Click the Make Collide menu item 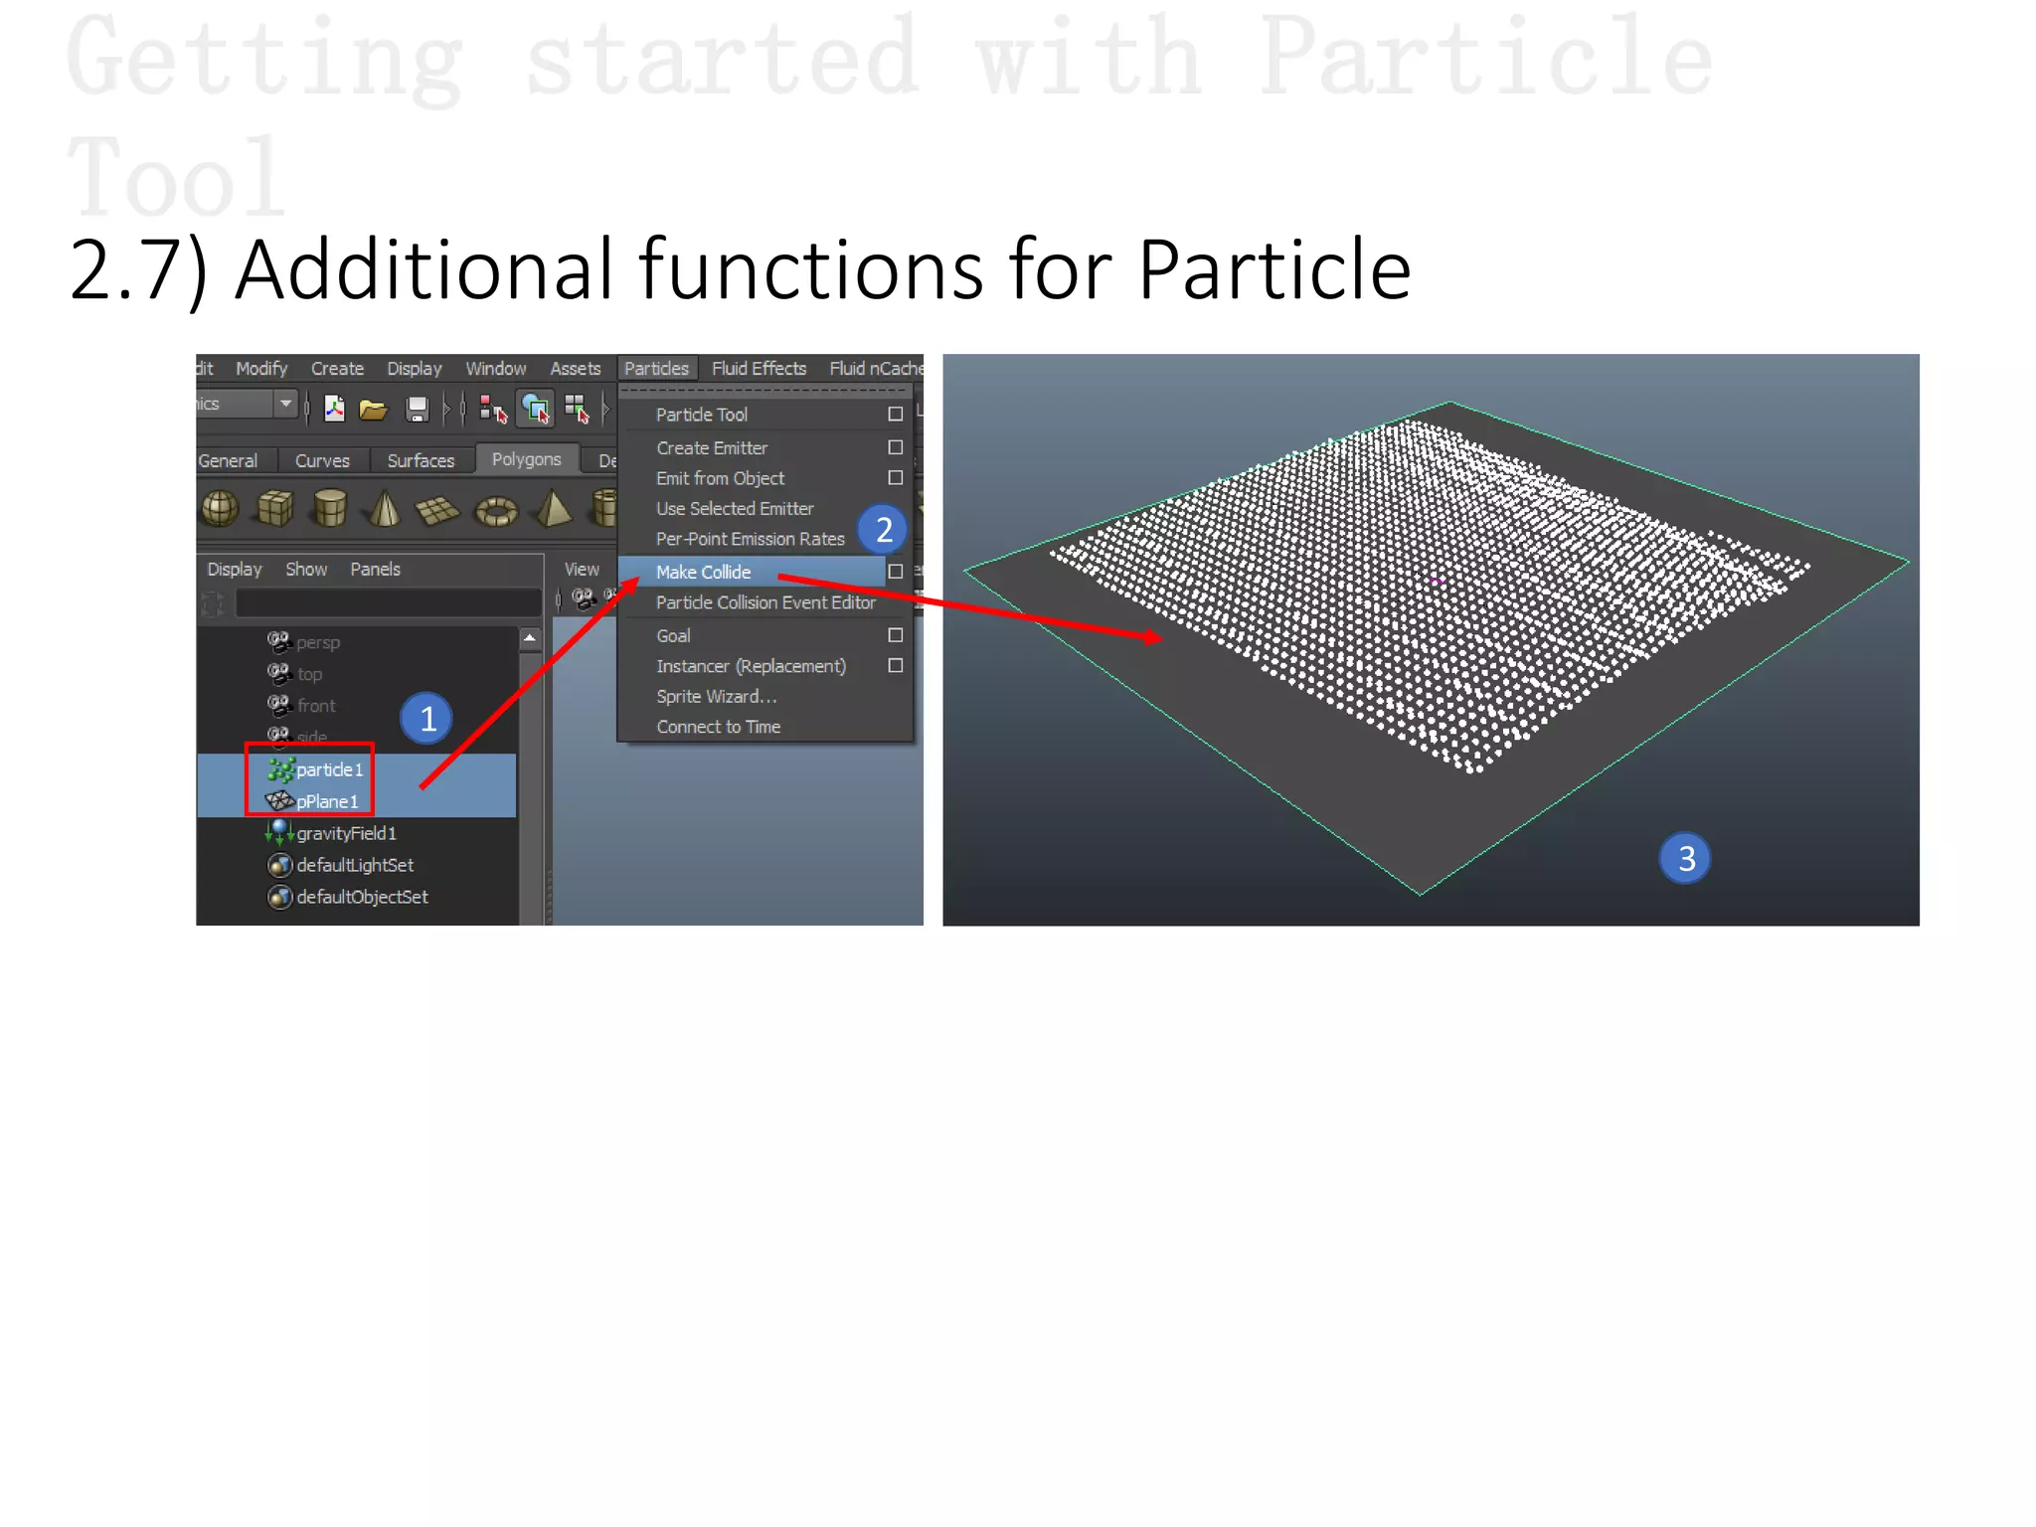coord(703,572)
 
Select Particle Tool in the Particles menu coord(701,415)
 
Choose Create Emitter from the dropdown coord(712,448)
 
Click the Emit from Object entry coord(720,478)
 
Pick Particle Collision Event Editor coord(765,602)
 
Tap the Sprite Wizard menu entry coord(716,696)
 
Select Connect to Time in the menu coord(718,727)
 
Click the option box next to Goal coord(895,635)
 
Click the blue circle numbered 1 coord(427,718)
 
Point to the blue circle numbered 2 coord(883,529)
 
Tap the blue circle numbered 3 coord(1685,858)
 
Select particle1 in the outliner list coord(329,769)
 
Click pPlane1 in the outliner coord(326,801)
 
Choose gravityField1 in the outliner coord(346,833)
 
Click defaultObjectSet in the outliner coord(362,897)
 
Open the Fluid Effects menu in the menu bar coord(759,369)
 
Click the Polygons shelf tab coord(526,459)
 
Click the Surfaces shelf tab coord(421,461)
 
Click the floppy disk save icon coord(418,409)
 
